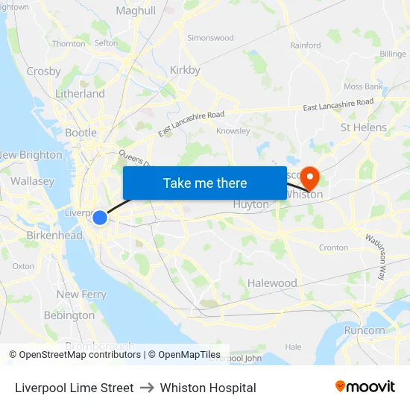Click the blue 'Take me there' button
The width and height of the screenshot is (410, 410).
205,183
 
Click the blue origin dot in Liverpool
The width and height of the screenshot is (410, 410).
100,218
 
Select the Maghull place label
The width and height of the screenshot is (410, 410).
136,11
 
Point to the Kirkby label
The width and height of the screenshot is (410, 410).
185,70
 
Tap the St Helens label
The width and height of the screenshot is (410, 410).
364,127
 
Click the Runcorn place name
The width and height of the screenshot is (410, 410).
365,330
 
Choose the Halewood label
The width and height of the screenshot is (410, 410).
272,283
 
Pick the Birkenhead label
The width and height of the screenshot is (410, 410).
54,236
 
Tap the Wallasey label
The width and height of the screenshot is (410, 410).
32,181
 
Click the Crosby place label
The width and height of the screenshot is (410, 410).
43,72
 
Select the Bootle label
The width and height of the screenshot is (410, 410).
81,133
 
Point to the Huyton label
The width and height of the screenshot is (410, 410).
250,204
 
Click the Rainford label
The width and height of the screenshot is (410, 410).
306,45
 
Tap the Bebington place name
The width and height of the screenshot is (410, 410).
69,315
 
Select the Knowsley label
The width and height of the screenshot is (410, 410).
233,130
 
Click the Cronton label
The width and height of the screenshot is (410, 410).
333,247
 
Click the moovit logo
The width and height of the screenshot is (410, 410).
365,387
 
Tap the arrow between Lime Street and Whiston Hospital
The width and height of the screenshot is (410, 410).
147,388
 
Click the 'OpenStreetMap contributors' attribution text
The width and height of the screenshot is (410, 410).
80,355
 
